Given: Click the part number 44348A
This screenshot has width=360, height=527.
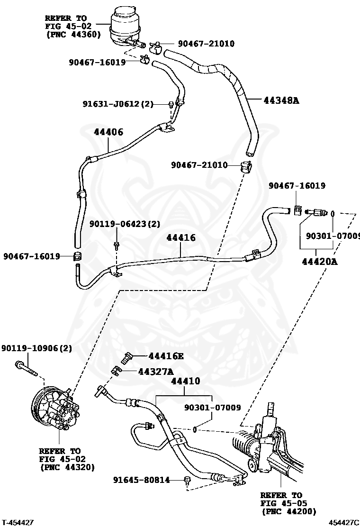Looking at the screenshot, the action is click(x=281, y=100).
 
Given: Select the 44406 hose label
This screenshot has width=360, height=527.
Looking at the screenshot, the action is click(x=108, y=132).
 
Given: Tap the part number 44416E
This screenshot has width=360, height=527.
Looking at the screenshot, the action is click(x=166, y=356).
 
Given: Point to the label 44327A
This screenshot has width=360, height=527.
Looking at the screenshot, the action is click(x=156, y=372).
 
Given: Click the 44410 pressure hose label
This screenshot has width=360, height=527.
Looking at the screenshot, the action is click(x=185, y=381).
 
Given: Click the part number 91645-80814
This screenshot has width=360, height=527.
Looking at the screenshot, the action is click(x=141, y=480).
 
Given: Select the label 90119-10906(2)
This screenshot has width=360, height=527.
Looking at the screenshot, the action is click(x=36, y=348).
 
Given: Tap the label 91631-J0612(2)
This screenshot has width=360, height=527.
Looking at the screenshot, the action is click(x=118, y=104).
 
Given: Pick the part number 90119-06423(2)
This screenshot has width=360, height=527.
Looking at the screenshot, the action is click(x=125, y=224).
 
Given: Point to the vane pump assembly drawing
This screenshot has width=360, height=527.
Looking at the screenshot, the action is click(x=53, y=411).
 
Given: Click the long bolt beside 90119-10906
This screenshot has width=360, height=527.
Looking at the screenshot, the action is click(x=26, y=369).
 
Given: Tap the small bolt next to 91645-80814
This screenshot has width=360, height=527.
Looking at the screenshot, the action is click(x=187, y=481).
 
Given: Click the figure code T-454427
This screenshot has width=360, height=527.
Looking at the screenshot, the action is click(x=17, y=523).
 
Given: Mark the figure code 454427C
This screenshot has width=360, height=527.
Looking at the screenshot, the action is click(x=344, y=523).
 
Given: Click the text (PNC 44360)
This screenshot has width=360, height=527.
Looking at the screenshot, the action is click(x=73, y=34).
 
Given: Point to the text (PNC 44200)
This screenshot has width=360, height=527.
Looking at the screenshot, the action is click(x=289, y=511).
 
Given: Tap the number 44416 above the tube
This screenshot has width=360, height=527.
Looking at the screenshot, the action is click(x=181, y=237).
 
